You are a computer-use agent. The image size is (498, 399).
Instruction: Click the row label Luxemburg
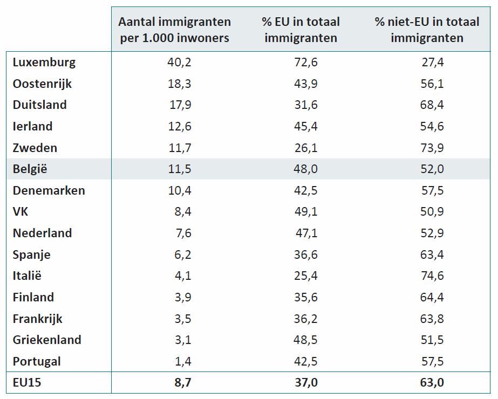pos(44,63)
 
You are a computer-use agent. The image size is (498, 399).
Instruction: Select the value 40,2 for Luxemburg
pos(180,63)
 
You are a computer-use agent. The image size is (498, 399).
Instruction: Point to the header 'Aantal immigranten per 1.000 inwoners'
pos(174,30)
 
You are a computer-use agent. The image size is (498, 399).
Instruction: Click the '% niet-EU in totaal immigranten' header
pos(427,30)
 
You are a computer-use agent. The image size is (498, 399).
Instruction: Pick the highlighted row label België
pos(30,169)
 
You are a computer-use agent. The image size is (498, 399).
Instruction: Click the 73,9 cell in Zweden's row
pos(432,148)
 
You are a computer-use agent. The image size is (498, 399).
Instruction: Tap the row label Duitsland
pos(40,105)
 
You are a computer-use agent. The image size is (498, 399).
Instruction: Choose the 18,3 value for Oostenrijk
pos(180,84)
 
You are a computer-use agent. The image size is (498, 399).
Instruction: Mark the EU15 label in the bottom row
pos(27,383)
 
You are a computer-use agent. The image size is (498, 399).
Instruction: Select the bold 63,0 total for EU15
pos(432,383)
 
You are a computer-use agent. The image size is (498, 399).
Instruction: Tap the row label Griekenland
pos(47,340)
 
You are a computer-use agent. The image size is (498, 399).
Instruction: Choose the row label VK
pos(21,211)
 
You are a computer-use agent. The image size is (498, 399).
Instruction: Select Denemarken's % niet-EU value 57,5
pos(432,190)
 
